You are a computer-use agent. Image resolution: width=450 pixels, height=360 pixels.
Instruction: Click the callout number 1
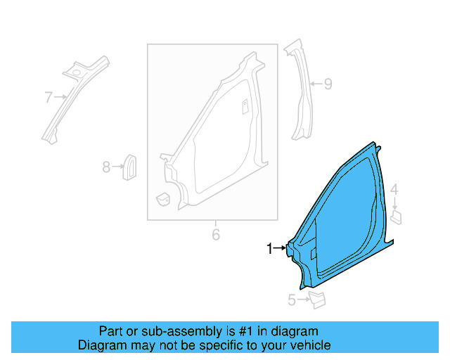[x=269, y=248]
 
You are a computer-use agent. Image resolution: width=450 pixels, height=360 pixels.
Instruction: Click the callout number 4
[x=394, y=189]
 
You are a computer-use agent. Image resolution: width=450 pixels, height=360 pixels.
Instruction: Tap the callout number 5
[x=292, y=301]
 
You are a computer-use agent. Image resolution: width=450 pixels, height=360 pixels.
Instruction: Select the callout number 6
[x=216, y=234]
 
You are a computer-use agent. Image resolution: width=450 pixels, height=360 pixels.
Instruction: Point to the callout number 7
[x=49, y=98]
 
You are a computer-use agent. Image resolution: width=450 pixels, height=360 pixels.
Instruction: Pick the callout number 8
[x=106, y=167]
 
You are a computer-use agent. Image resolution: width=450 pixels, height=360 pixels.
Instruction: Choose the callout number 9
[x=327, y=84]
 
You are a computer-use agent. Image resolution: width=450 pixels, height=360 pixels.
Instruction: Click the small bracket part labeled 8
[x=130, y=166]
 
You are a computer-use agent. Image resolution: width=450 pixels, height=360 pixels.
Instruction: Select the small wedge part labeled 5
[x=317, y=300]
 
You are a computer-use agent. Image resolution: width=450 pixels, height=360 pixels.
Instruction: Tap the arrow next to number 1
[x=280, y=248]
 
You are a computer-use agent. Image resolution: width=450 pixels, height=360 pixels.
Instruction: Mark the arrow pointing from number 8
[x=117, y=167]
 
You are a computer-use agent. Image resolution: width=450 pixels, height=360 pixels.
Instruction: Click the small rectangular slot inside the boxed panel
[x=245, y=106]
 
